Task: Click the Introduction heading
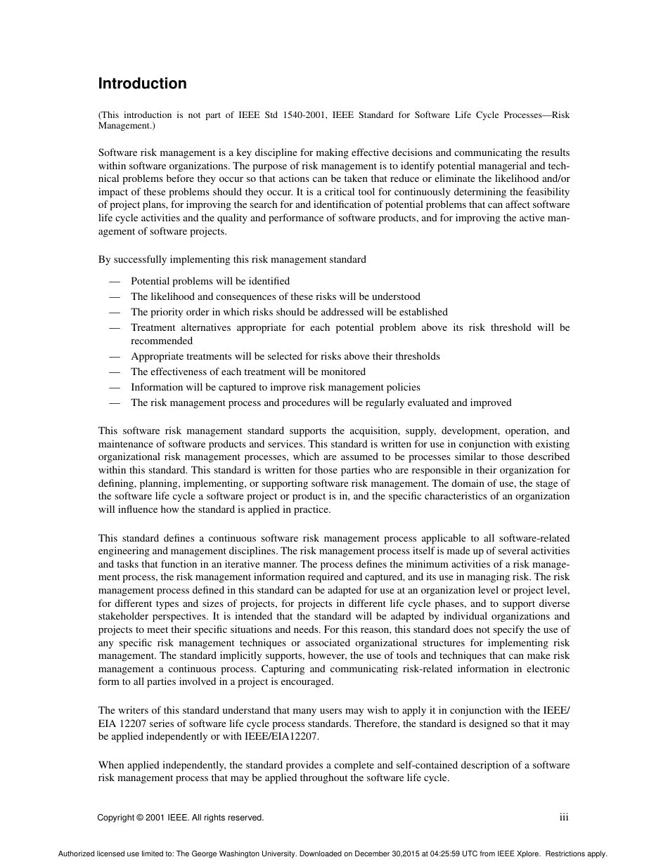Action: coord(142,84)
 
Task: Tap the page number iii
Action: coord(563,817)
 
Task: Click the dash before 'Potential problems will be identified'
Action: coord(115,281)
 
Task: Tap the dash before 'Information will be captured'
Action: coord(115,387)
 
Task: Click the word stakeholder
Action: coord(124,616)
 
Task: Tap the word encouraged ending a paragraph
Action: coord(307,682)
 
